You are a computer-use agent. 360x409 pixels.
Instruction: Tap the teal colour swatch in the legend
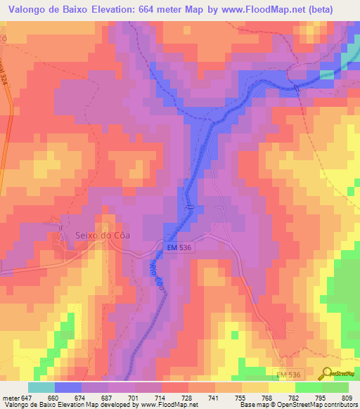pyautogui.click(x=41, y=387)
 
